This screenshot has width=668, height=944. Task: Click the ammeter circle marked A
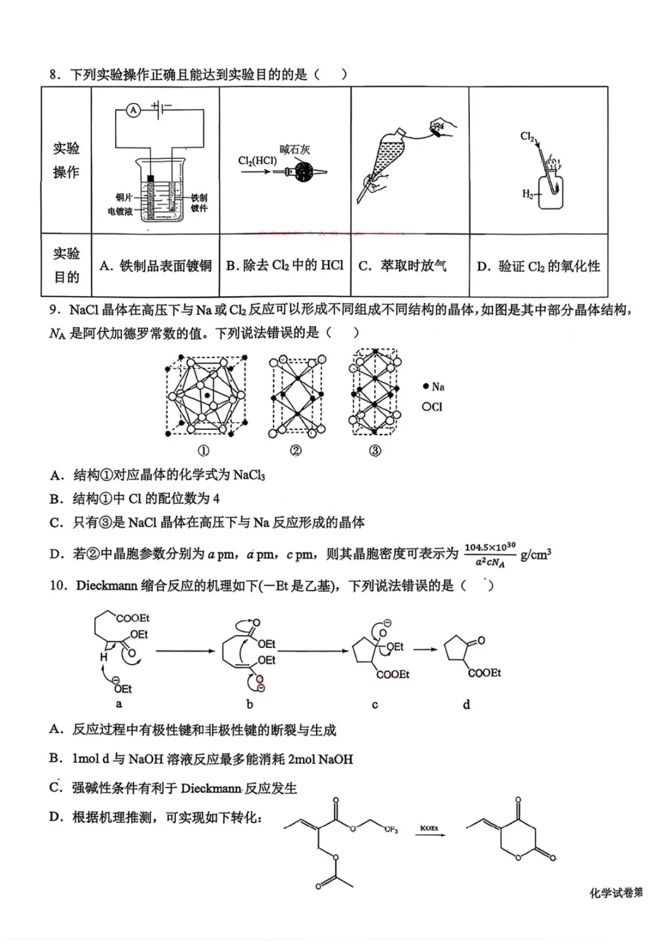pyautogui.click(x=133, y=110)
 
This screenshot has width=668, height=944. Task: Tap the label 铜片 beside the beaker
pyautogui.click(x=124, y=197)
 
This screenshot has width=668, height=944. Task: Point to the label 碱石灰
pyautogui.click(x=294, y=149)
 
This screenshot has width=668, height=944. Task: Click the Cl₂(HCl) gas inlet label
pyautogui.click(x=257, y=161)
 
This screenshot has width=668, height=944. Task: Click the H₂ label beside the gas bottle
pyautogui.click(x=528, y=194)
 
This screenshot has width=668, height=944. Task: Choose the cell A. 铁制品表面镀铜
pyautogui.click(x=156, y=266)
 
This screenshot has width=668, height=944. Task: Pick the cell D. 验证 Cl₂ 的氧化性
pyautogui.click(x=538, y=266)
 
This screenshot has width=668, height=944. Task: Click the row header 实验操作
pyautogui.click(x=66, y=160)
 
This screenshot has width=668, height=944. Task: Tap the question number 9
pyautogui.click(x=54, y=309)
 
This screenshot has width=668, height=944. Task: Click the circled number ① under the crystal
pyautogui.click(x=203, y=451)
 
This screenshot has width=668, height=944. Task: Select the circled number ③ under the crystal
pyautogui.click(x=375, y=451)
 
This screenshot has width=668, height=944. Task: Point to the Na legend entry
pyautogui.click(x=434, y=386)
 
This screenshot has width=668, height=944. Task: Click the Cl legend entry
pyautogui.click(x=432, y=407)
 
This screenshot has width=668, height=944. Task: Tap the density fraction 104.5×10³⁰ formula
pyautogui.click(x=490, y=555)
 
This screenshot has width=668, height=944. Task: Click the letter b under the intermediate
pyautogui.click(x=250, y=704)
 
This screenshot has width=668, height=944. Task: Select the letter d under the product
pyautogui.click(x=466, y=704)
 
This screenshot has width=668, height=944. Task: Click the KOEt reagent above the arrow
pyautogui.click(x=429, y=828)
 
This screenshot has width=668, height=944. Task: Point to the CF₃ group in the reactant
pyautogui.click(x=391, y=830)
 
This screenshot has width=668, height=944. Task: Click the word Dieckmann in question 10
pyautogui.click(x=106, y=585)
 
